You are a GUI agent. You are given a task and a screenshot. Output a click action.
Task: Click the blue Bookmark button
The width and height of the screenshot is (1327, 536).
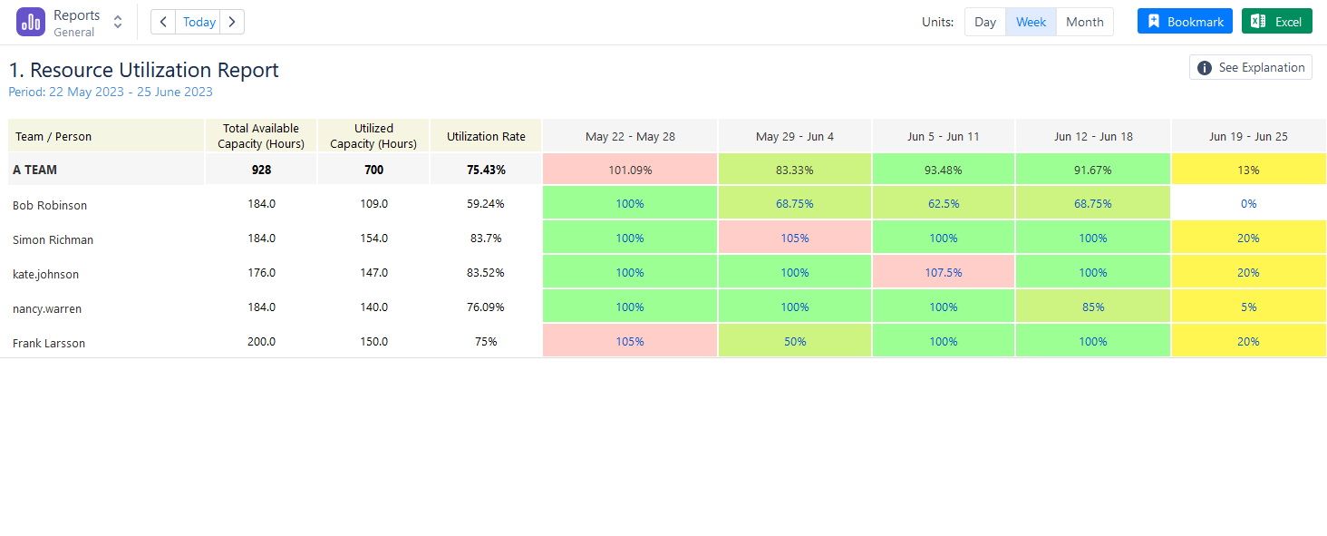tap(1184, 22)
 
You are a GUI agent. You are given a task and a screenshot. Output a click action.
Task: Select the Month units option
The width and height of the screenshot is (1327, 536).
tap(1084, 22)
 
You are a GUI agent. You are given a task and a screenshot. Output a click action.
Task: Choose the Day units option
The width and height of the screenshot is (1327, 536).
tap(984, 22)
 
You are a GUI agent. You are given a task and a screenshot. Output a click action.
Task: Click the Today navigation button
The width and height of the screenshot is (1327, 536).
tap(199, 22)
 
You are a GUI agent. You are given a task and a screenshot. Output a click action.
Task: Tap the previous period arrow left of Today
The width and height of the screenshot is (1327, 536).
tap(163, 22)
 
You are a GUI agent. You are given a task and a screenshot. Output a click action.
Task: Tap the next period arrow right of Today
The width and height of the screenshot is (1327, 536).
tap(232, 22)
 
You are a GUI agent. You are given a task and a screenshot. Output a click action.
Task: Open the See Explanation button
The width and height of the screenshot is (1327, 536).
tap(1251, 68)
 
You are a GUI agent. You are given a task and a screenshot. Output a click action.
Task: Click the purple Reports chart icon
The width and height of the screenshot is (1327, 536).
tap(31, 22)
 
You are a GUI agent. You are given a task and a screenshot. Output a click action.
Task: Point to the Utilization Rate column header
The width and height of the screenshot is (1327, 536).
tap(486, 136)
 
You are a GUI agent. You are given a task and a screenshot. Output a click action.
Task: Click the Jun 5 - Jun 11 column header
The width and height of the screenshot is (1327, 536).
tap(943, 136)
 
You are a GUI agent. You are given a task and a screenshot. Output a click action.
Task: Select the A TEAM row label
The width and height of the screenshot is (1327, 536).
tap(35, 170)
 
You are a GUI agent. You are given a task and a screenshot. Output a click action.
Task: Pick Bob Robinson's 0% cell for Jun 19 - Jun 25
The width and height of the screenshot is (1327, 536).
tap(1248, 203)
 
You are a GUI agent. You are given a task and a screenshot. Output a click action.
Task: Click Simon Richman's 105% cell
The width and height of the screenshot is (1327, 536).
tap(794, 238)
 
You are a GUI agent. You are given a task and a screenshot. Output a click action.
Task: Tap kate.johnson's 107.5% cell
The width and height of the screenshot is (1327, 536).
tap(943, 272)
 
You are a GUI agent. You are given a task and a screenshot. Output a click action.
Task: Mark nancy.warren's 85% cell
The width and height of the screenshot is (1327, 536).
tap(1093, 307)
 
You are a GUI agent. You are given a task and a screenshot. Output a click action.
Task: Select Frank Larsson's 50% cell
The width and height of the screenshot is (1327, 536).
tap(794, 341)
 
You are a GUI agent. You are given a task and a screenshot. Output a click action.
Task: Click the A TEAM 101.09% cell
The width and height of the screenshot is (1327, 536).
tap(630, 170)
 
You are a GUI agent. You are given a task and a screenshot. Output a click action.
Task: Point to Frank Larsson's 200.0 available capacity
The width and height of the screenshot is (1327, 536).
tap(261, 342)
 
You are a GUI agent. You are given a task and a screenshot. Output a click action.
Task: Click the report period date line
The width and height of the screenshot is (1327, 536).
tap(111, 92)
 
